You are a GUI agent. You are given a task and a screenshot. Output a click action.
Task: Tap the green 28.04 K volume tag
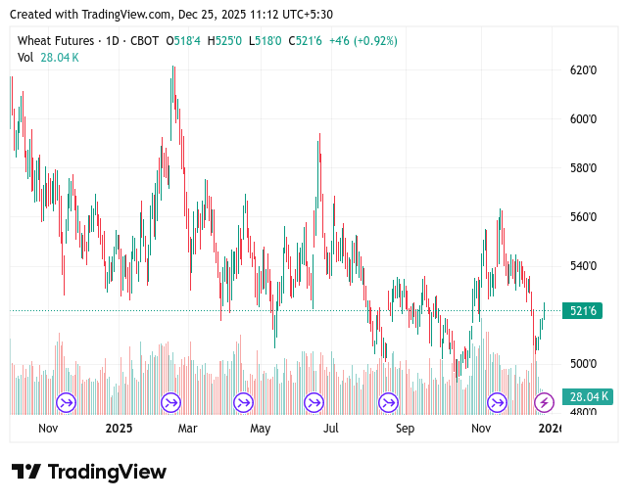[587, 397]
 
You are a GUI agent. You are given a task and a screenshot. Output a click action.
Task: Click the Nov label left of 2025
[48, 429]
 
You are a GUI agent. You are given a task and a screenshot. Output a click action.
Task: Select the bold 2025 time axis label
[119, 429]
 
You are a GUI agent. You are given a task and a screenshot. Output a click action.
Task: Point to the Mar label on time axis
[187, 429]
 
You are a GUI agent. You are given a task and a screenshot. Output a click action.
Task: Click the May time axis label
[260, 429]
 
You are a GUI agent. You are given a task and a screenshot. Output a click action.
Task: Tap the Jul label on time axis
[331, 429]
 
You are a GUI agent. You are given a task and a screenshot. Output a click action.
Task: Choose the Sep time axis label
[405, 429]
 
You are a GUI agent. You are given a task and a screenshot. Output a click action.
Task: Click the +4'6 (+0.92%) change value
[363, 41]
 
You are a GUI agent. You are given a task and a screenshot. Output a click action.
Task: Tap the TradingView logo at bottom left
[88, 472]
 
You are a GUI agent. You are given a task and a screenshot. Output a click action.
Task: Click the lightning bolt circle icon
[544, 402]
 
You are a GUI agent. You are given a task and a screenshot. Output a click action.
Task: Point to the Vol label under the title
[25, 58]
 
